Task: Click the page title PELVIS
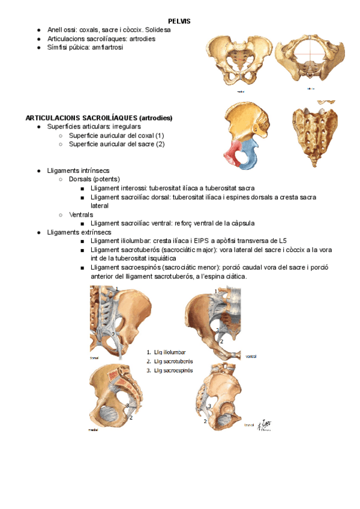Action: pyautogui.click(x=179, y=21)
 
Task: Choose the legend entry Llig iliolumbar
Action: pyautogui.click(x=170, y=352)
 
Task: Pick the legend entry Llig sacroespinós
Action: pyautogui.click(x=173, y=371)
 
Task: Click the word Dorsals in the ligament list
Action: pyautogui.click(x=83, y=179)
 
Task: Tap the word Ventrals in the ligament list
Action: pyautogui.click(x=81, y=214)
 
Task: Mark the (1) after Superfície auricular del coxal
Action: pyautogui.click(x=159, y=136)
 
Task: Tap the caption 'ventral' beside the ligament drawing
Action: pyautogui.click(x=252, y=357)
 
